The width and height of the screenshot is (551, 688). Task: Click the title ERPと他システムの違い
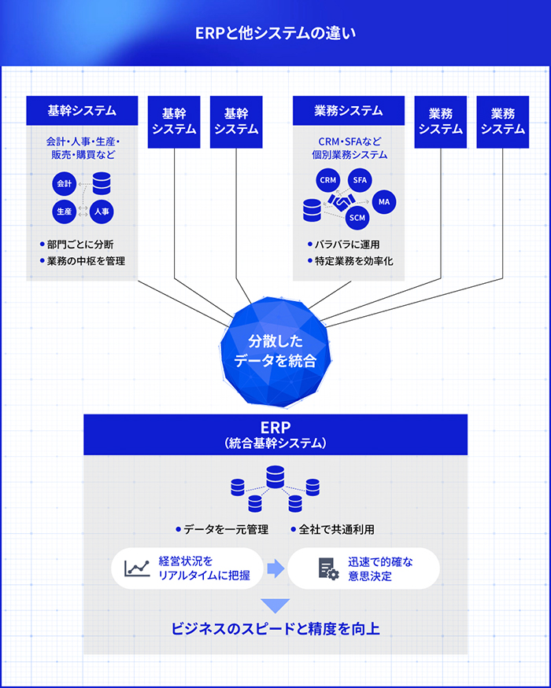[275, 33]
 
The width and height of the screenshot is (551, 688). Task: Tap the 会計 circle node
[64, 183]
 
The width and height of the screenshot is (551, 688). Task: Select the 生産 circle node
[64, 212]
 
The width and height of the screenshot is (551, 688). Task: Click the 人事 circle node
[101, 212]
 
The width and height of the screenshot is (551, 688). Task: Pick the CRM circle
[327, 180]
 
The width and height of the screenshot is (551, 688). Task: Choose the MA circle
[383, 202]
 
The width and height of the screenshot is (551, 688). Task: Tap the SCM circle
[358, 218]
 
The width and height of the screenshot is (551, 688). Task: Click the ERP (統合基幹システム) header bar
[275, 433]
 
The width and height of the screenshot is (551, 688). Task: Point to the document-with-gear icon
[328, 568]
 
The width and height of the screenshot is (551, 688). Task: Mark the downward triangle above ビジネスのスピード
[275, 605]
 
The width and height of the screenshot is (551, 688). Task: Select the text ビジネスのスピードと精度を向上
[275, 630]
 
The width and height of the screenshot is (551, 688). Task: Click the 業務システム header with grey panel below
[348, 111]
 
